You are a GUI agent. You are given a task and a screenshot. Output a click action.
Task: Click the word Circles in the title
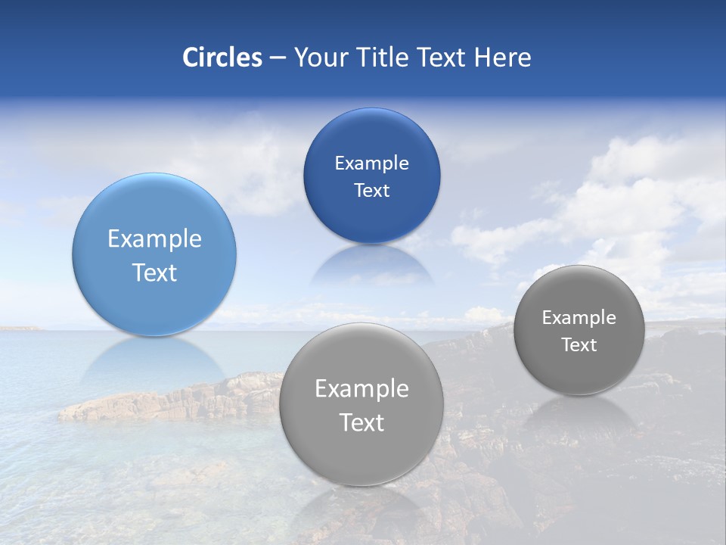222,58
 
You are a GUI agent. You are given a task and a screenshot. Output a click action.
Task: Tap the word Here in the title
502,58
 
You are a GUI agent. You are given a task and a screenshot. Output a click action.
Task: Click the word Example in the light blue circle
154,239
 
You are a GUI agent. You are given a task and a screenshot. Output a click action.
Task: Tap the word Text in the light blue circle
154,272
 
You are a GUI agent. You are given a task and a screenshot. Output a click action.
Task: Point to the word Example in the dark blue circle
371,163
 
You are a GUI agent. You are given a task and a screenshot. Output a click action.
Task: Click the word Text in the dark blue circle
371,191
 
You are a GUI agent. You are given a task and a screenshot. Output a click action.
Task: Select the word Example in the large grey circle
361,389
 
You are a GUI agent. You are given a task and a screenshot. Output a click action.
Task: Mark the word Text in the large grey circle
361,422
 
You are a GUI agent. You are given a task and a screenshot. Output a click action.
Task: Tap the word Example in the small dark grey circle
579,318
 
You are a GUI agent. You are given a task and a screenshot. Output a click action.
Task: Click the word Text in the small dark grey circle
579,345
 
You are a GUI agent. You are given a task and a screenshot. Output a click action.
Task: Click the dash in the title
278,58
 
